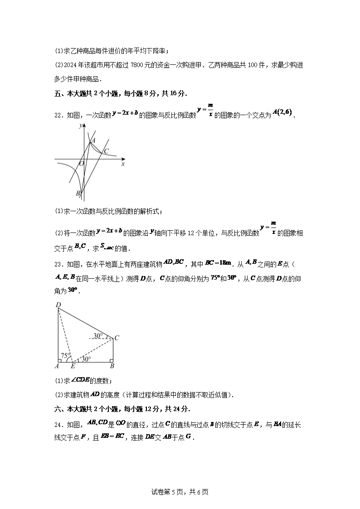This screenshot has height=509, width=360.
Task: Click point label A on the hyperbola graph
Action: point(93,141)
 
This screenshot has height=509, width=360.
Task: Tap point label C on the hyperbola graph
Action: point(107,151)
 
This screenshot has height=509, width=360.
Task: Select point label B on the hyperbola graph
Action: point(78,194)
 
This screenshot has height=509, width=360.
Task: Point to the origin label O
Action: point(82,164)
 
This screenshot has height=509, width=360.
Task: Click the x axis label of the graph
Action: point(123,164)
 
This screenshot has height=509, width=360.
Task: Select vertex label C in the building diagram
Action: point(117,337)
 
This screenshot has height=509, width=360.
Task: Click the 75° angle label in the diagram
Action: point(65,356)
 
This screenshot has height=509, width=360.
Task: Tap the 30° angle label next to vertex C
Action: point(98,336)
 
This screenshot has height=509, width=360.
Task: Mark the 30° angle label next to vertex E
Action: point(86,359)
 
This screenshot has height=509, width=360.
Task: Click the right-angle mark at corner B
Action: point(110,360)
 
